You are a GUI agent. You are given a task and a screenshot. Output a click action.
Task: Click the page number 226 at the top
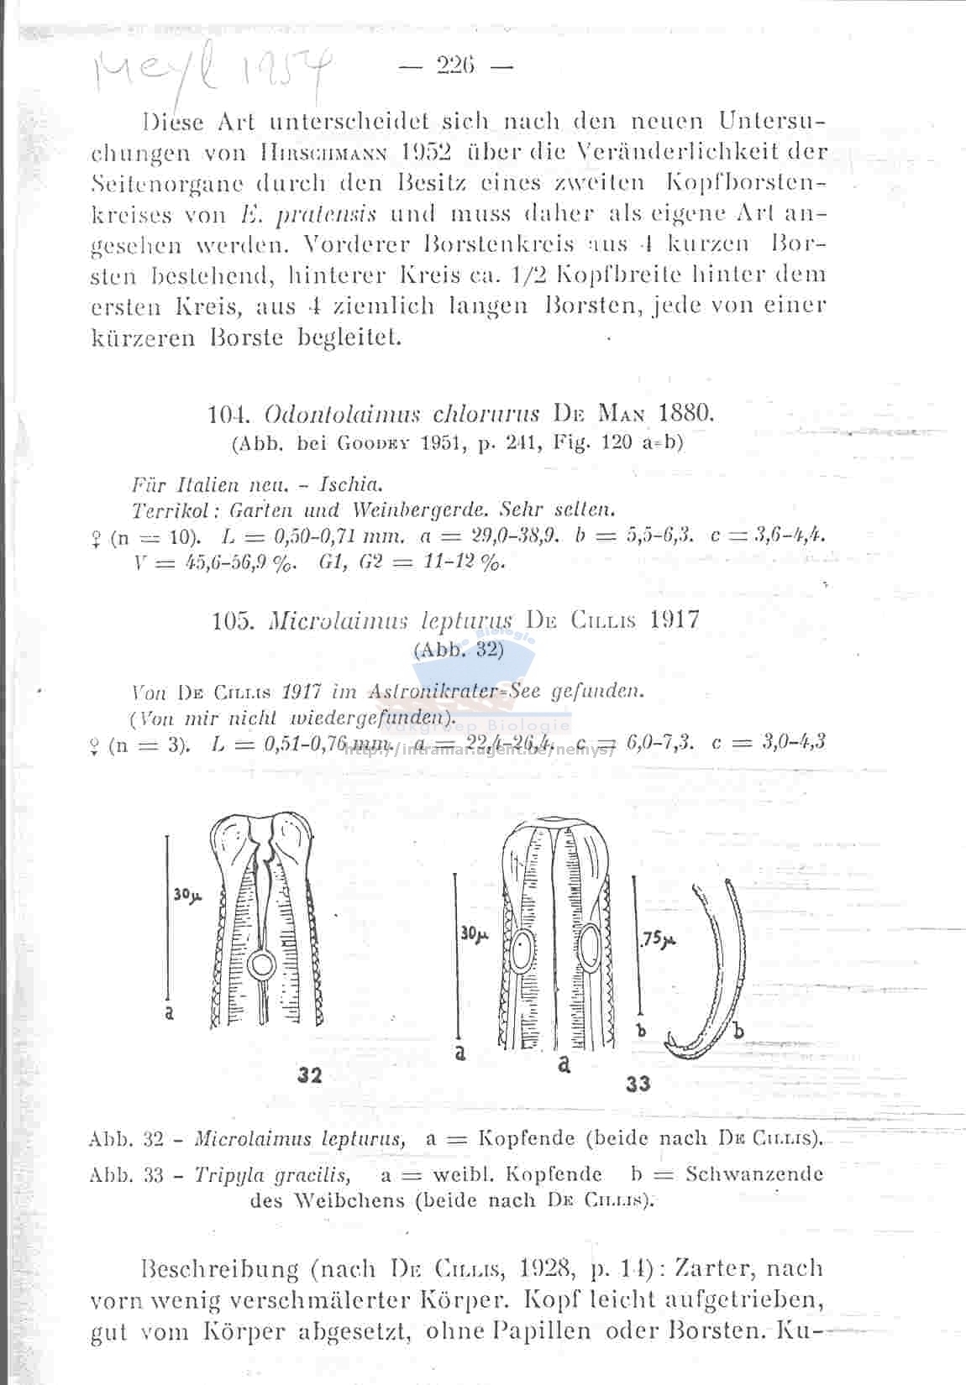point(456,65)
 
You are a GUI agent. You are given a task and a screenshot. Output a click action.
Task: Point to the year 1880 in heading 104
point(686,414)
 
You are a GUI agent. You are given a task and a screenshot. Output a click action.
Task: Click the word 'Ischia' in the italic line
point(354,485)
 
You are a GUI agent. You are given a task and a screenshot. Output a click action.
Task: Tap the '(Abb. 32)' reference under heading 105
point(458,649)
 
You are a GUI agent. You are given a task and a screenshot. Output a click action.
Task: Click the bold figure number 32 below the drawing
point(311,1075)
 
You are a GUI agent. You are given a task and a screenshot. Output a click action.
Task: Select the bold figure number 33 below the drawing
point(638,1084)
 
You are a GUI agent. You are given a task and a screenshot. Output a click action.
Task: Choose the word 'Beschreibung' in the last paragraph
point(220,1267)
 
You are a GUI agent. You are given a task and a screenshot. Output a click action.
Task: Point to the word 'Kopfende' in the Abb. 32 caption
point(527,1139)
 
